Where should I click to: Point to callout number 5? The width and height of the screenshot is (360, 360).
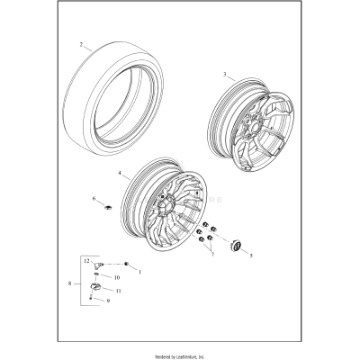(x=252, y=256)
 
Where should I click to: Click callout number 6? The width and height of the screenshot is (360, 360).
(x=94, y=197)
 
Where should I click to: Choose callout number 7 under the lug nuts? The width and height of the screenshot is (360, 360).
(x=212, y=255)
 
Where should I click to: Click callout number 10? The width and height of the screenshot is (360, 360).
(x=116, y=277)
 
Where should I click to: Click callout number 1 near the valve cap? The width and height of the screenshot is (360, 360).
(x=139, y=269)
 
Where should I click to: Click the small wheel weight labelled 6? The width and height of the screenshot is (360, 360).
(x=105, y=207)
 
